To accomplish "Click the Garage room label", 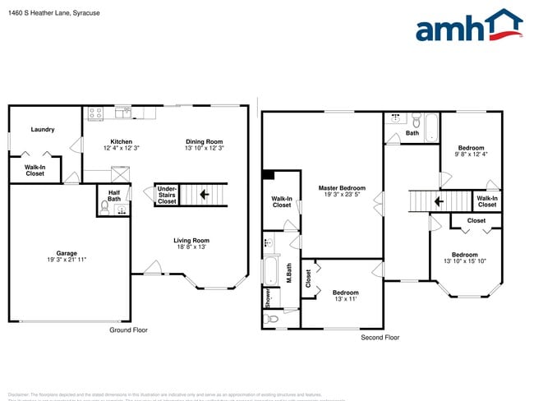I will pyautogui.click(x=66, y=256).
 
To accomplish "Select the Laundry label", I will pyautogui.click(x=43, y=130).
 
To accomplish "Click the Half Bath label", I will pyautogui.click(x=114, y=196).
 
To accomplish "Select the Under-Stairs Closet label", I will pyautogui.click(x=167, y=195).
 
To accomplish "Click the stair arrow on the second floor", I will pyautogui.click(x=438, y=200).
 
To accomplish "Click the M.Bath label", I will pyautogui.click(x=288, y=273).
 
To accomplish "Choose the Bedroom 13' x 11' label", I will pyautogui.click(x=345, y=295).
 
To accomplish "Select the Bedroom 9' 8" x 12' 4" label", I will pyautogui.click(x=472, y=151).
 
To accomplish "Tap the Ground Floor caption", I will pyautogui.click(x=128, y=330).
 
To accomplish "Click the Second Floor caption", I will pyautogui.click(x=380, y=338).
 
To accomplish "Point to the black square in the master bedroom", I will pyautogui.click(x=268, y=174).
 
